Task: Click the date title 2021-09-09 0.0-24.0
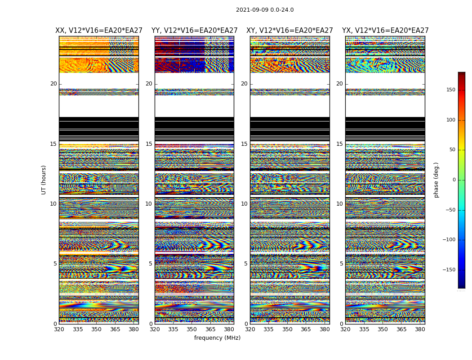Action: (265, 10)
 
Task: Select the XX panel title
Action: (99, 31)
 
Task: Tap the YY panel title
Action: (194, 31)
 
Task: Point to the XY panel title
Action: (289, 31)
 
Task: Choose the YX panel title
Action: (385, 31)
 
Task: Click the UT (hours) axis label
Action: (44, 180)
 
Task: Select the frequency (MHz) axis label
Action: (217, 338)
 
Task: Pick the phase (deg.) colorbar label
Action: (436, 180)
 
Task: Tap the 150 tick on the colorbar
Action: (450, 90)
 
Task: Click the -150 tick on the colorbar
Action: (449, 270)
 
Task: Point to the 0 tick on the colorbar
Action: (454, 180)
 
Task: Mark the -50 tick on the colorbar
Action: (450, 210)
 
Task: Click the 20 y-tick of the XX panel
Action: (53, 84)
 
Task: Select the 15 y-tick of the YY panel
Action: (149, 144)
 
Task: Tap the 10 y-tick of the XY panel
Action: (244, 204)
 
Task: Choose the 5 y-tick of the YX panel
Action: (341, 264)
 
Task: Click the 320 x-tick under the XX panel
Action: (59, 329)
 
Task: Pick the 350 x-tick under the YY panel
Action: (192, 329)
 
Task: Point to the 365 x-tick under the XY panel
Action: (306, 329)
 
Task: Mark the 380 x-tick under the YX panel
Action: (420, 329)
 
